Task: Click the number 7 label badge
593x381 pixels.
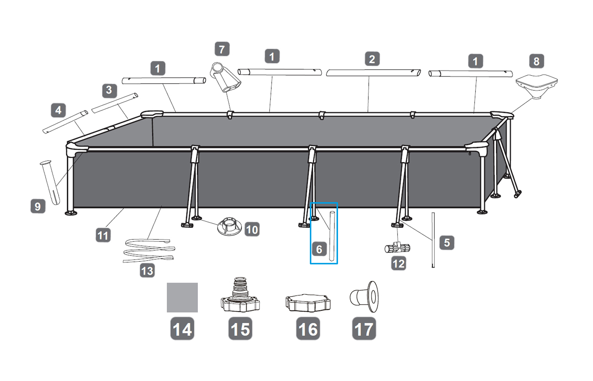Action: (222, 49)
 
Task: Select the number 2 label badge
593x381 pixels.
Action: (372, 59)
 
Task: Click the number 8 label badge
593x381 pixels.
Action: (536, 61)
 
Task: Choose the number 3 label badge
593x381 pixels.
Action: (109, 90)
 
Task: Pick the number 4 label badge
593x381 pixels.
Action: (58, 110)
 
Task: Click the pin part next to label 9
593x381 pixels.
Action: (50, 181)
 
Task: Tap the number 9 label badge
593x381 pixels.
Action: (37, 206)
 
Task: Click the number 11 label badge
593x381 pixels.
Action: (103, 235)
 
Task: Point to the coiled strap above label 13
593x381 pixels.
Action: (148, 251)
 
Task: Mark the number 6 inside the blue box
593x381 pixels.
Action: (319, 249)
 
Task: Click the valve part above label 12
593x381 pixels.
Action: (397, 248)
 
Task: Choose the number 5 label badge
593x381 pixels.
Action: (447, 243)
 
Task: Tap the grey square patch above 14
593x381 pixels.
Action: (182, 298)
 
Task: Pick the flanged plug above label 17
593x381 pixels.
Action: (365, 297)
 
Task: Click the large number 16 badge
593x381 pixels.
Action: (308, 329)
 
